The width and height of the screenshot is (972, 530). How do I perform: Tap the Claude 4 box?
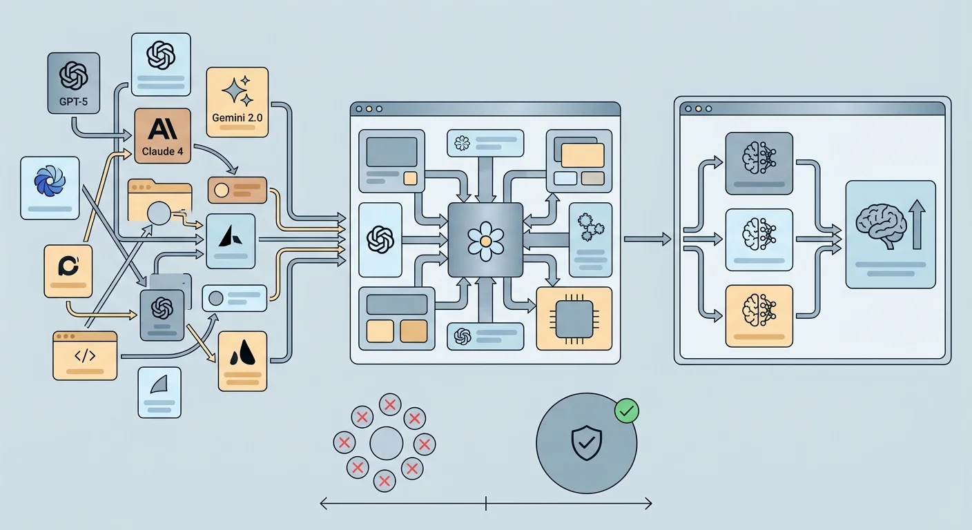tap(162, 136)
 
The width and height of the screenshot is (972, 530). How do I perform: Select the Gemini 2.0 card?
tap(237, 101)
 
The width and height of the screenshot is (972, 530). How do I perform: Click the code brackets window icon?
tap(85, 355)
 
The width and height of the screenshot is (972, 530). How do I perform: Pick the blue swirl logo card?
tap(50, 188)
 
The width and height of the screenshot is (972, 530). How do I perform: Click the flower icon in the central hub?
tap(485, 240)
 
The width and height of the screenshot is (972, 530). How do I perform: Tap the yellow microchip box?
tap(574, 318)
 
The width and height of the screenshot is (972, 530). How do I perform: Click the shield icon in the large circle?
tap(586, 443)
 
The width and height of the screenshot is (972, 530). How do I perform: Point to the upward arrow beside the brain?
tap(916, 222)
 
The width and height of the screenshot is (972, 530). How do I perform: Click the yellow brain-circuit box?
tap(759, 315)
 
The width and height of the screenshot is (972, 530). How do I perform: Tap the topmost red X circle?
tap(390, 405)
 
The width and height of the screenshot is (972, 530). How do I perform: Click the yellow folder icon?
tap(159, 201)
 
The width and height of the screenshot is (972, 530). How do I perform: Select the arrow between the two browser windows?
tap(646, 239)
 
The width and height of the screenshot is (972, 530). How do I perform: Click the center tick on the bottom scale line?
tap(486, 503)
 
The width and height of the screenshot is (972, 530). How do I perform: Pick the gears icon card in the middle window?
tap(590, 239)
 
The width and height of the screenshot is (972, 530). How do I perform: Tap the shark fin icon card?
tap(159, 391)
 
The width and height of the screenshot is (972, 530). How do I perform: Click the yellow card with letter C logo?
tap(68, 271)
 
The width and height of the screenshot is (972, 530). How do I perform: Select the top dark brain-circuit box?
tap(759, 163)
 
